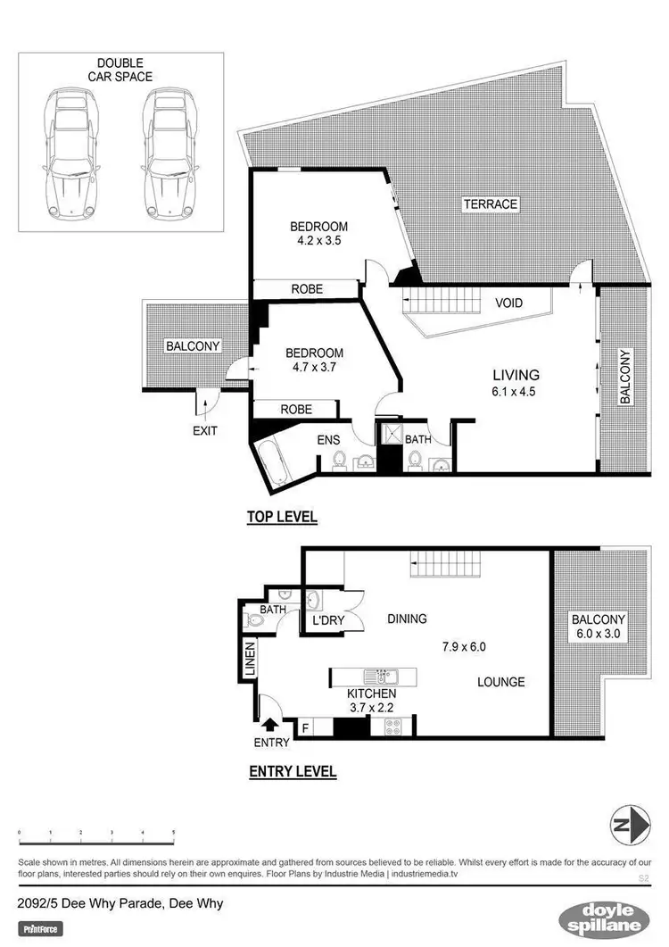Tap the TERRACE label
[x=490, y=204]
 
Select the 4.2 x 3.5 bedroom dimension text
[x=318, y=241]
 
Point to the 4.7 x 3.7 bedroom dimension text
[x=313, y=367]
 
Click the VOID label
[x=508, y=303]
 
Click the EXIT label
[x=204, y=430]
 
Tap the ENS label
[x=329, y=439]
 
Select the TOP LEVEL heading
[x=282, y=517]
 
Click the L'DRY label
[x=327, y=619]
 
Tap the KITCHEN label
[x=372, y=693]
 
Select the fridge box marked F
[x=307, y=728]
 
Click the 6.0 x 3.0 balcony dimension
[x=599, y=635]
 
